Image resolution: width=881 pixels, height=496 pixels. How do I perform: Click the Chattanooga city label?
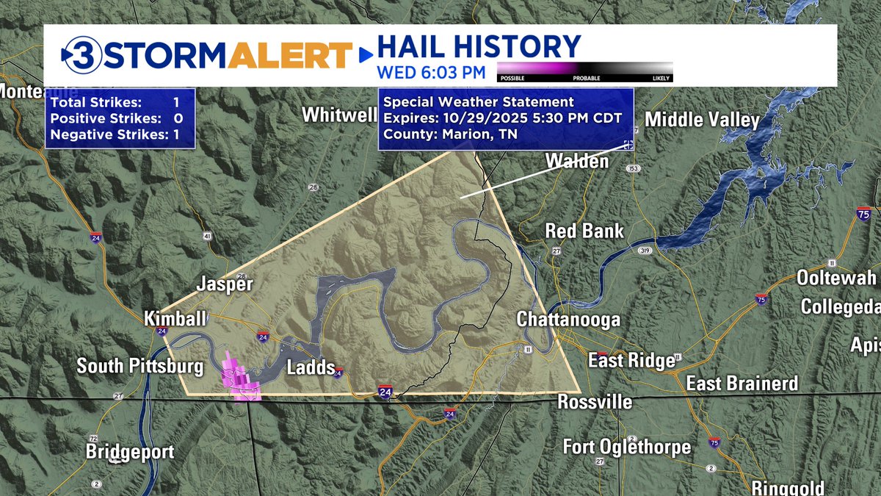568,320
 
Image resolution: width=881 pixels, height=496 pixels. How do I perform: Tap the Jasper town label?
225,284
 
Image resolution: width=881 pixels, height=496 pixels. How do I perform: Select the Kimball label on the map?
175,318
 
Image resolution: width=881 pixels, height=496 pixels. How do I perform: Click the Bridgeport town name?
130,451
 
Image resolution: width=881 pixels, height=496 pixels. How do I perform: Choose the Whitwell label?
338,115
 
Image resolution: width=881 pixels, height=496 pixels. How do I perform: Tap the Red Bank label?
584,231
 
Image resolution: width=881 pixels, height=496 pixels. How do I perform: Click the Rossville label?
595,402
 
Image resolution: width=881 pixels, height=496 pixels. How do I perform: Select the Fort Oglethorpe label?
627,446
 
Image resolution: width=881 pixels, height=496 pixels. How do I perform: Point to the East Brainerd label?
742,384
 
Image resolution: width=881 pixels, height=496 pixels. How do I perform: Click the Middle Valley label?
701,120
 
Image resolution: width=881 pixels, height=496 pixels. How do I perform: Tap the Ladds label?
311,367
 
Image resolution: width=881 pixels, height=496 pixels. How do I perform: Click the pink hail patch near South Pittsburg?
239,378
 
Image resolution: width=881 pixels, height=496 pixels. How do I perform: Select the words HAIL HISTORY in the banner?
478,46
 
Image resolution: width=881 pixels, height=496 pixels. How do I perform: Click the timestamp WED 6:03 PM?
431,72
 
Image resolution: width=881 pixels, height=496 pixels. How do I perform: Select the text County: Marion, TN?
450,134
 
